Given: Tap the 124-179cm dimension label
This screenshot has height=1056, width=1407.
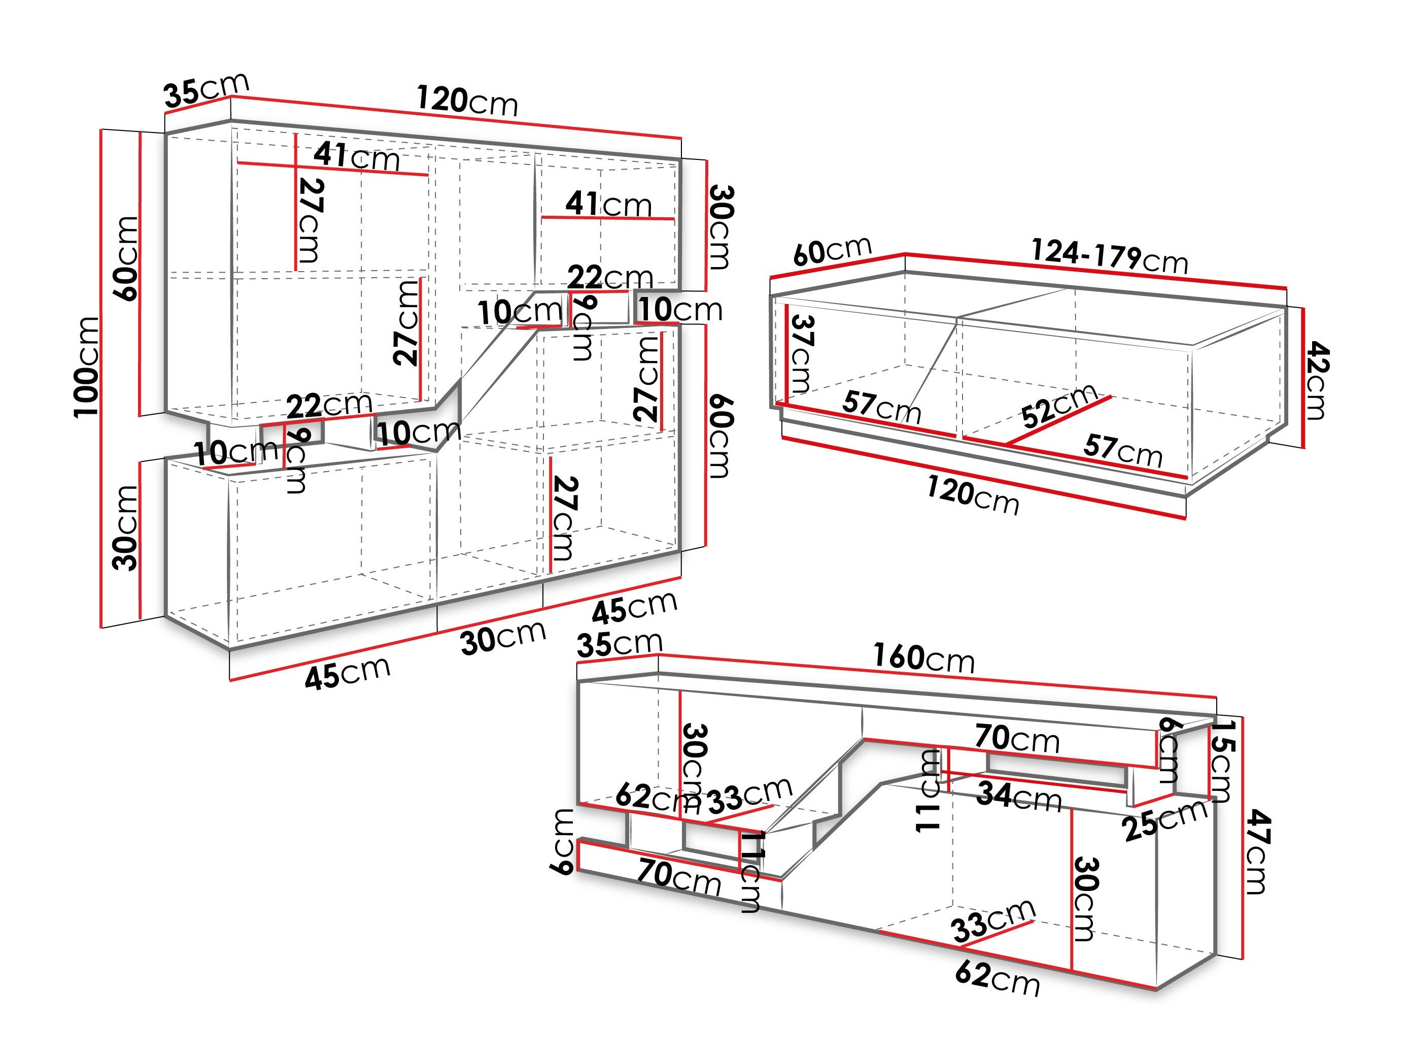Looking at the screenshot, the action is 1109,256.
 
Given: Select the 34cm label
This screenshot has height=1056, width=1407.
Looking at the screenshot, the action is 1019,796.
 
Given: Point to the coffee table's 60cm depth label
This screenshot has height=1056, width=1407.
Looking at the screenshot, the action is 832,250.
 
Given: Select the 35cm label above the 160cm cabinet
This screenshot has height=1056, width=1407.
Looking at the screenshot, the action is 620,644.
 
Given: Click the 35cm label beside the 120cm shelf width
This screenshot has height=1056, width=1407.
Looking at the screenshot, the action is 206,90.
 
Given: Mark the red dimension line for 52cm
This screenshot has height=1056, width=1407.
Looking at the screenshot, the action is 1058,420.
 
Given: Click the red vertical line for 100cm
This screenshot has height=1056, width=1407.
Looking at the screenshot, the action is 101,378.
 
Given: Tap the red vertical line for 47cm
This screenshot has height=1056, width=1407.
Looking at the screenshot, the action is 1242,838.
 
